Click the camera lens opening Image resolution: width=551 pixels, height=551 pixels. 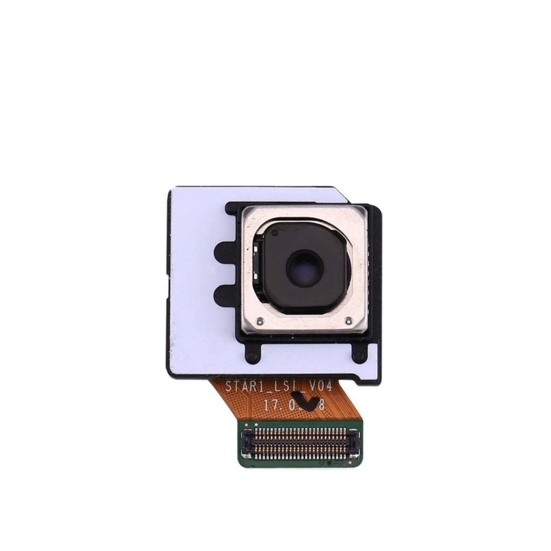coord(301,268)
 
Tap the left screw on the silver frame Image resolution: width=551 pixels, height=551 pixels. coord(262,320)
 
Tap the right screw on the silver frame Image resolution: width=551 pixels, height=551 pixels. coord(348,320)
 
